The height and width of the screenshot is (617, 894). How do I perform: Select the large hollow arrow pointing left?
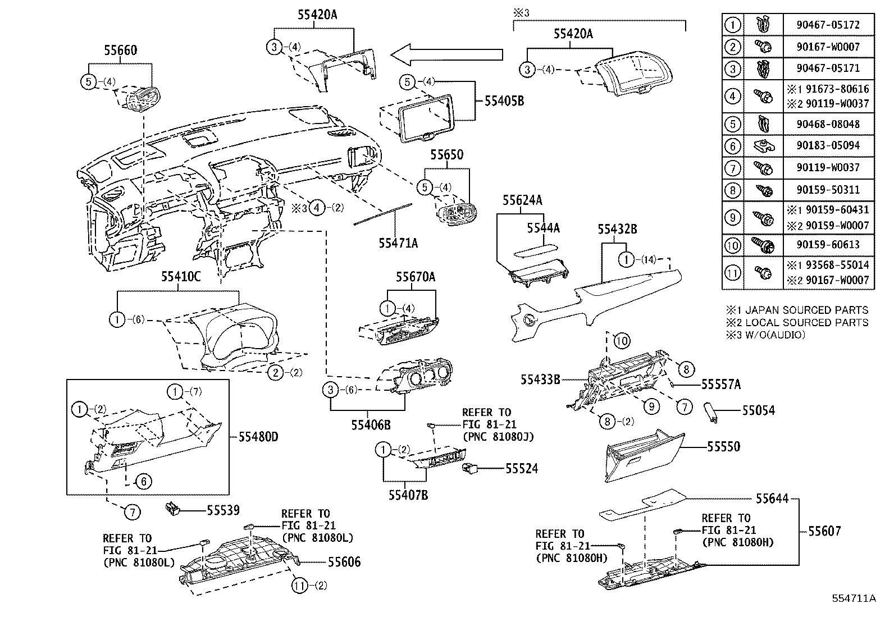click(x=446, y=54)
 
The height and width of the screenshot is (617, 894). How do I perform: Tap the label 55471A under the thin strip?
click(x=398, y=243)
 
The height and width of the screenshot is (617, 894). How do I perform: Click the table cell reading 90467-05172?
click(x=828, y=25)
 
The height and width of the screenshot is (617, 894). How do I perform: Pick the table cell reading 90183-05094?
click(x=828, y=145)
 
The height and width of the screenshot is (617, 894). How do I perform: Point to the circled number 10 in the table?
click(x=732, y=245)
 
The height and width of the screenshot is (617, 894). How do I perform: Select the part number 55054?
click(x=758, y=410)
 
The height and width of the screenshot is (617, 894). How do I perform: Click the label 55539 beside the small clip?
click(x=223, y=510)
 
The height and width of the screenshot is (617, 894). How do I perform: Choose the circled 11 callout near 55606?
click(x=300, y=585)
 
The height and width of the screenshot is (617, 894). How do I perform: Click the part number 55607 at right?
click(x=824, y=531)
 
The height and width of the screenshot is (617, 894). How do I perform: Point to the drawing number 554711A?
click(x=854, y=598)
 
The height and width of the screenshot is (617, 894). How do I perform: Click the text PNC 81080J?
click(x=498, y=436)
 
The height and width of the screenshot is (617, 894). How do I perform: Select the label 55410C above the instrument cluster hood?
click(x=181, y=276)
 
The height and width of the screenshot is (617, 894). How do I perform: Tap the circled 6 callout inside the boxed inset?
click(x=144, y=481)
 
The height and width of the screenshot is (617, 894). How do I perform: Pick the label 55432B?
click(x=617, y=229)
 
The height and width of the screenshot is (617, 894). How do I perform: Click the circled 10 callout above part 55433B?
click(x=622, y=340)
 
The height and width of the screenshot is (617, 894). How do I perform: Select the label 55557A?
click(x=721, y=384)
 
